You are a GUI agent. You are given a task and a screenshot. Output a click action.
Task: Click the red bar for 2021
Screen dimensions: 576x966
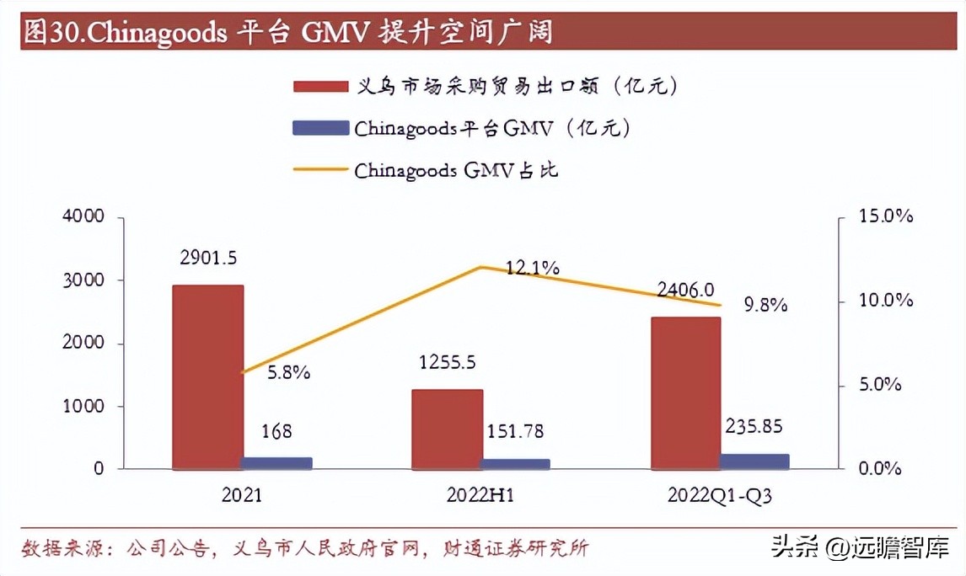tap(207, 376)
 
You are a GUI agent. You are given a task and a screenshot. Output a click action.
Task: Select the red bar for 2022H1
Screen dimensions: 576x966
tap(447, 429)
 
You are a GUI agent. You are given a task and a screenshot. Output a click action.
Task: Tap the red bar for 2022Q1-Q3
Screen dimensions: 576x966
tap(685, 392)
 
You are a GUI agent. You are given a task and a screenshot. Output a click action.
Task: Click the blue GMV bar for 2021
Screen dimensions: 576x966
tap(277, 462)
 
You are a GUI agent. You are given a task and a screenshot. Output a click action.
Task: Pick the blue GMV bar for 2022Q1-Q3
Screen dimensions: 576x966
tap(754, 461)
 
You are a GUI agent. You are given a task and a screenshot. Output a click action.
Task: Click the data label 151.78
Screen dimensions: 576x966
tap(515, 432)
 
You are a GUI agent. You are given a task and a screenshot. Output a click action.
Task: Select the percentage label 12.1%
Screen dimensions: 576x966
tap(533, 268)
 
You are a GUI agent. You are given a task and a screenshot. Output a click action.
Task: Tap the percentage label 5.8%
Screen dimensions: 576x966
tap(288, 371)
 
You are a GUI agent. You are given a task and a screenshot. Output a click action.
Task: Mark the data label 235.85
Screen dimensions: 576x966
tap(755, 426)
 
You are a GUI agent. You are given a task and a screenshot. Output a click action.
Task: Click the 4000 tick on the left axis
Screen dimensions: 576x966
tap(83, 216)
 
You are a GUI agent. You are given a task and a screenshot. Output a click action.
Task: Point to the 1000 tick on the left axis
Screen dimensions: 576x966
tap(83, 406)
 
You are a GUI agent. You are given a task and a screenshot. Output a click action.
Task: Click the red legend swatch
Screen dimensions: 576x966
tap(320, 86)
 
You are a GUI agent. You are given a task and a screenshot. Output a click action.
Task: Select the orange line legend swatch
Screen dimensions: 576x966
tap(320, 170)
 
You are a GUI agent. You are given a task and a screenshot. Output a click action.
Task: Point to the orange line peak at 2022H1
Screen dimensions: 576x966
tap(480, 267)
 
